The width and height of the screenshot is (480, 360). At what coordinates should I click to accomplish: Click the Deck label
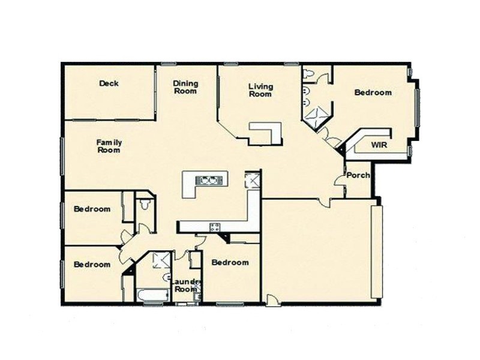click(x=109, y=83)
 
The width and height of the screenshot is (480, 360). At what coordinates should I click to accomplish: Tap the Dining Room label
click(x=185, y=87)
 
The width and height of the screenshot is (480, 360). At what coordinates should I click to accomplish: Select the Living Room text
click(x=260, y=90)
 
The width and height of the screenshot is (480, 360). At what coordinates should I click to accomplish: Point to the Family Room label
click(x=109, y=146)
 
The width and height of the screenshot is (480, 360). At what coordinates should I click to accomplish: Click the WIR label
click(x=379, y=145)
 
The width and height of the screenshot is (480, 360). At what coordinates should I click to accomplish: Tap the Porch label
click(x=359, y=175)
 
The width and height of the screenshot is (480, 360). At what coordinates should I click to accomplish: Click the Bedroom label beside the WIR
click(x=373, y=92)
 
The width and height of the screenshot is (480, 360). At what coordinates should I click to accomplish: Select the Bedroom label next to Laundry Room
click(x=230, y=263)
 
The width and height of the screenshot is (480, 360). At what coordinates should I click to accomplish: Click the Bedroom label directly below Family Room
click(x=92, y=209)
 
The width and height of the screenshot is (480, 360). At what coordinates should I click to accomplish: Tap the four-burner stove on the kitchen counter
click(x=214, y=226)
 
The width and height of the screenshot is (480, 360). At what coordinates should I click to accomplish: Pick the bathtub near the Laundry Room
click(x=152, y=296)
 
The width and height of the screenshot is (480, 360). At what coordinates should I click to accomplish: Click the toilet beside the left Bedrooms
click(x=143, y=205)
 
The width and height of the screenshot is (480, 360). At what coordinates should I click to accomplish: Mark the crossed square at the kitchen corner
click(x=252, y=179)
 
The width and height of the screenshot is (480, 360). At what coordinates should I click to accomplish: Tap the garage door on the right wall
click(x=377, y=252)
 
